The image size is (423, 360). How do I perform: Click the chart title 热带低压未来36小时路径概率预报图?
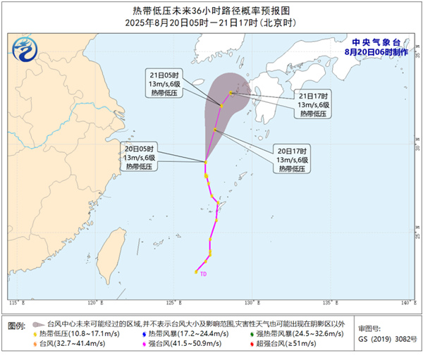pyautogui.click(x=211, y=11)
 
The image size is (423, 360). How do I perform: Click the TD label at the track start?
pyautogui.click(x=204, y=273)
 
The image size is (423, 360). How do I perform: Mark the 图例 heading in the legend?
pyautogui.click(x=17, y=326)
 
